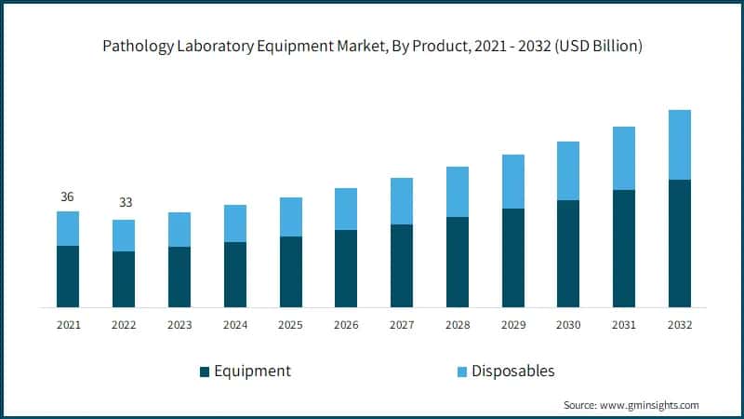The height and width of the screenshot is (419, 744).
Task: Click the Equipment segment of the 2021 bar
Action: (68, 277)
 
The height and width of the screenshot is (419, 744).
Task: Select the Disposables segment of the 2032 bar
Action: (680, 144)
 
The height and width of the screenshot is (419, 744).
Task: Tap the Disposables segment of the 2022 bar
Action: (124, 236)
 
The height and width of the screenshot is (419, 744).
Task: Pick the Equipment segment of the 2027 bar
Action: (402, 265)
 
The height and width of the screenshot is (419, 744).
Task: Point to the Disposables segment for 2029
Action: (513, 182)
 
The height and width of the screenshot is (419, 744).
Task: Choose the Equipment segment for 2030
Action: (568, 253)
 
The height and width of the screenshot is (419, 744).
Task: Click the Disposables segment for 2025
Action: (291, 217)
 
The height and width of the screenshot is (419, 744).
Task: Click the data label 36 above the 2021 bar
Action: (68, 196)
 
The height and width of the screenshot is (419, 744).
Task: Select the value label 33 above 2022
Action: (124, 203)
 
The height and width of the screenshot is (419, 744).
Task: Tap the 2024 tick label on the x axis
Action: (235, 325)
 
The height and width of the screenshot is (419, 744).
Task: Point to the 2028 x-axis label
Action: (458, 325)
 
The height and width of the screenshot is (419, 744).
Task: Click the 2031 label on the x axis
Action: (624, 325)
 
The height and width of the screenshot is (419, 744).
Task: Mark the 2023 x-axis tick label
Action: (179, 325)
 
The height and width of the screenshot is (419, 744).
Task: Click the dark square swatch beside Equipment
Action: (205, 372)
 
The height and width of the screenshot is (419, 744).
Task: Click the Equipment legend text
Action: (252, 371)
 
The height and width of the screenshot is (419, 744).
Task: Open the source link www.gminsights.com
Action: (650, 405)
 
